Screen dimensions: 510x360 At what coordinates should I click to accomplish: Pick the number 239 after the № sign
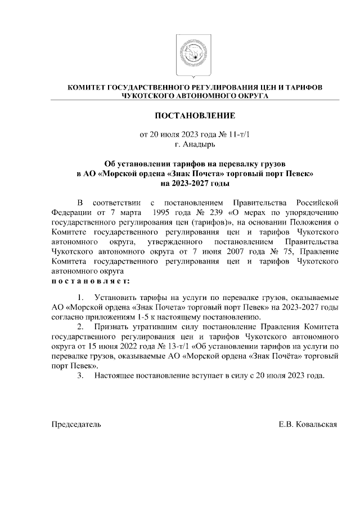point(215,212)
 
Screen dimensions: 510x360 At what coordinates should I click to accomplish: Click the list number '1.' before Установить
point(82,297)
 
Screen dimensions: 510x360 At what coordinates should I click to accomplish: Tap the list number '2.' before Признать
point(82,327)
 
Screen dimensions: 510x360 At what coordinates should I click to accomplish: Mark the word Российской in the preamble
point(317,202)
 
